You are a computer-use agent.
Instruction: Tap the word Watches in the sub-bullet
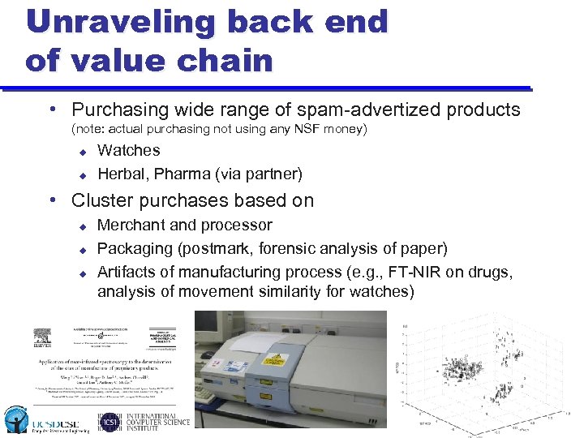tap(128, 150)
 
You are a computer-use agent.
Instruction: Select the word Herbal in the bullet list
tap(122, 174)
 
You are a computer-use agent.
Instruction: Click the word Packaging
tap(133, 248)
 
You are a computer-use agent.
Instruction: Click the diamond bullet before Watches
tap(82, 151)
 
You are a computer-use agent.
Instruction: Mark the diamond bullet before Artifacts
tap(82, 273)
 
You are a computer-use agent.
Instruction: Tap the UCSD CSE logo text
tap(54, 423)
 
